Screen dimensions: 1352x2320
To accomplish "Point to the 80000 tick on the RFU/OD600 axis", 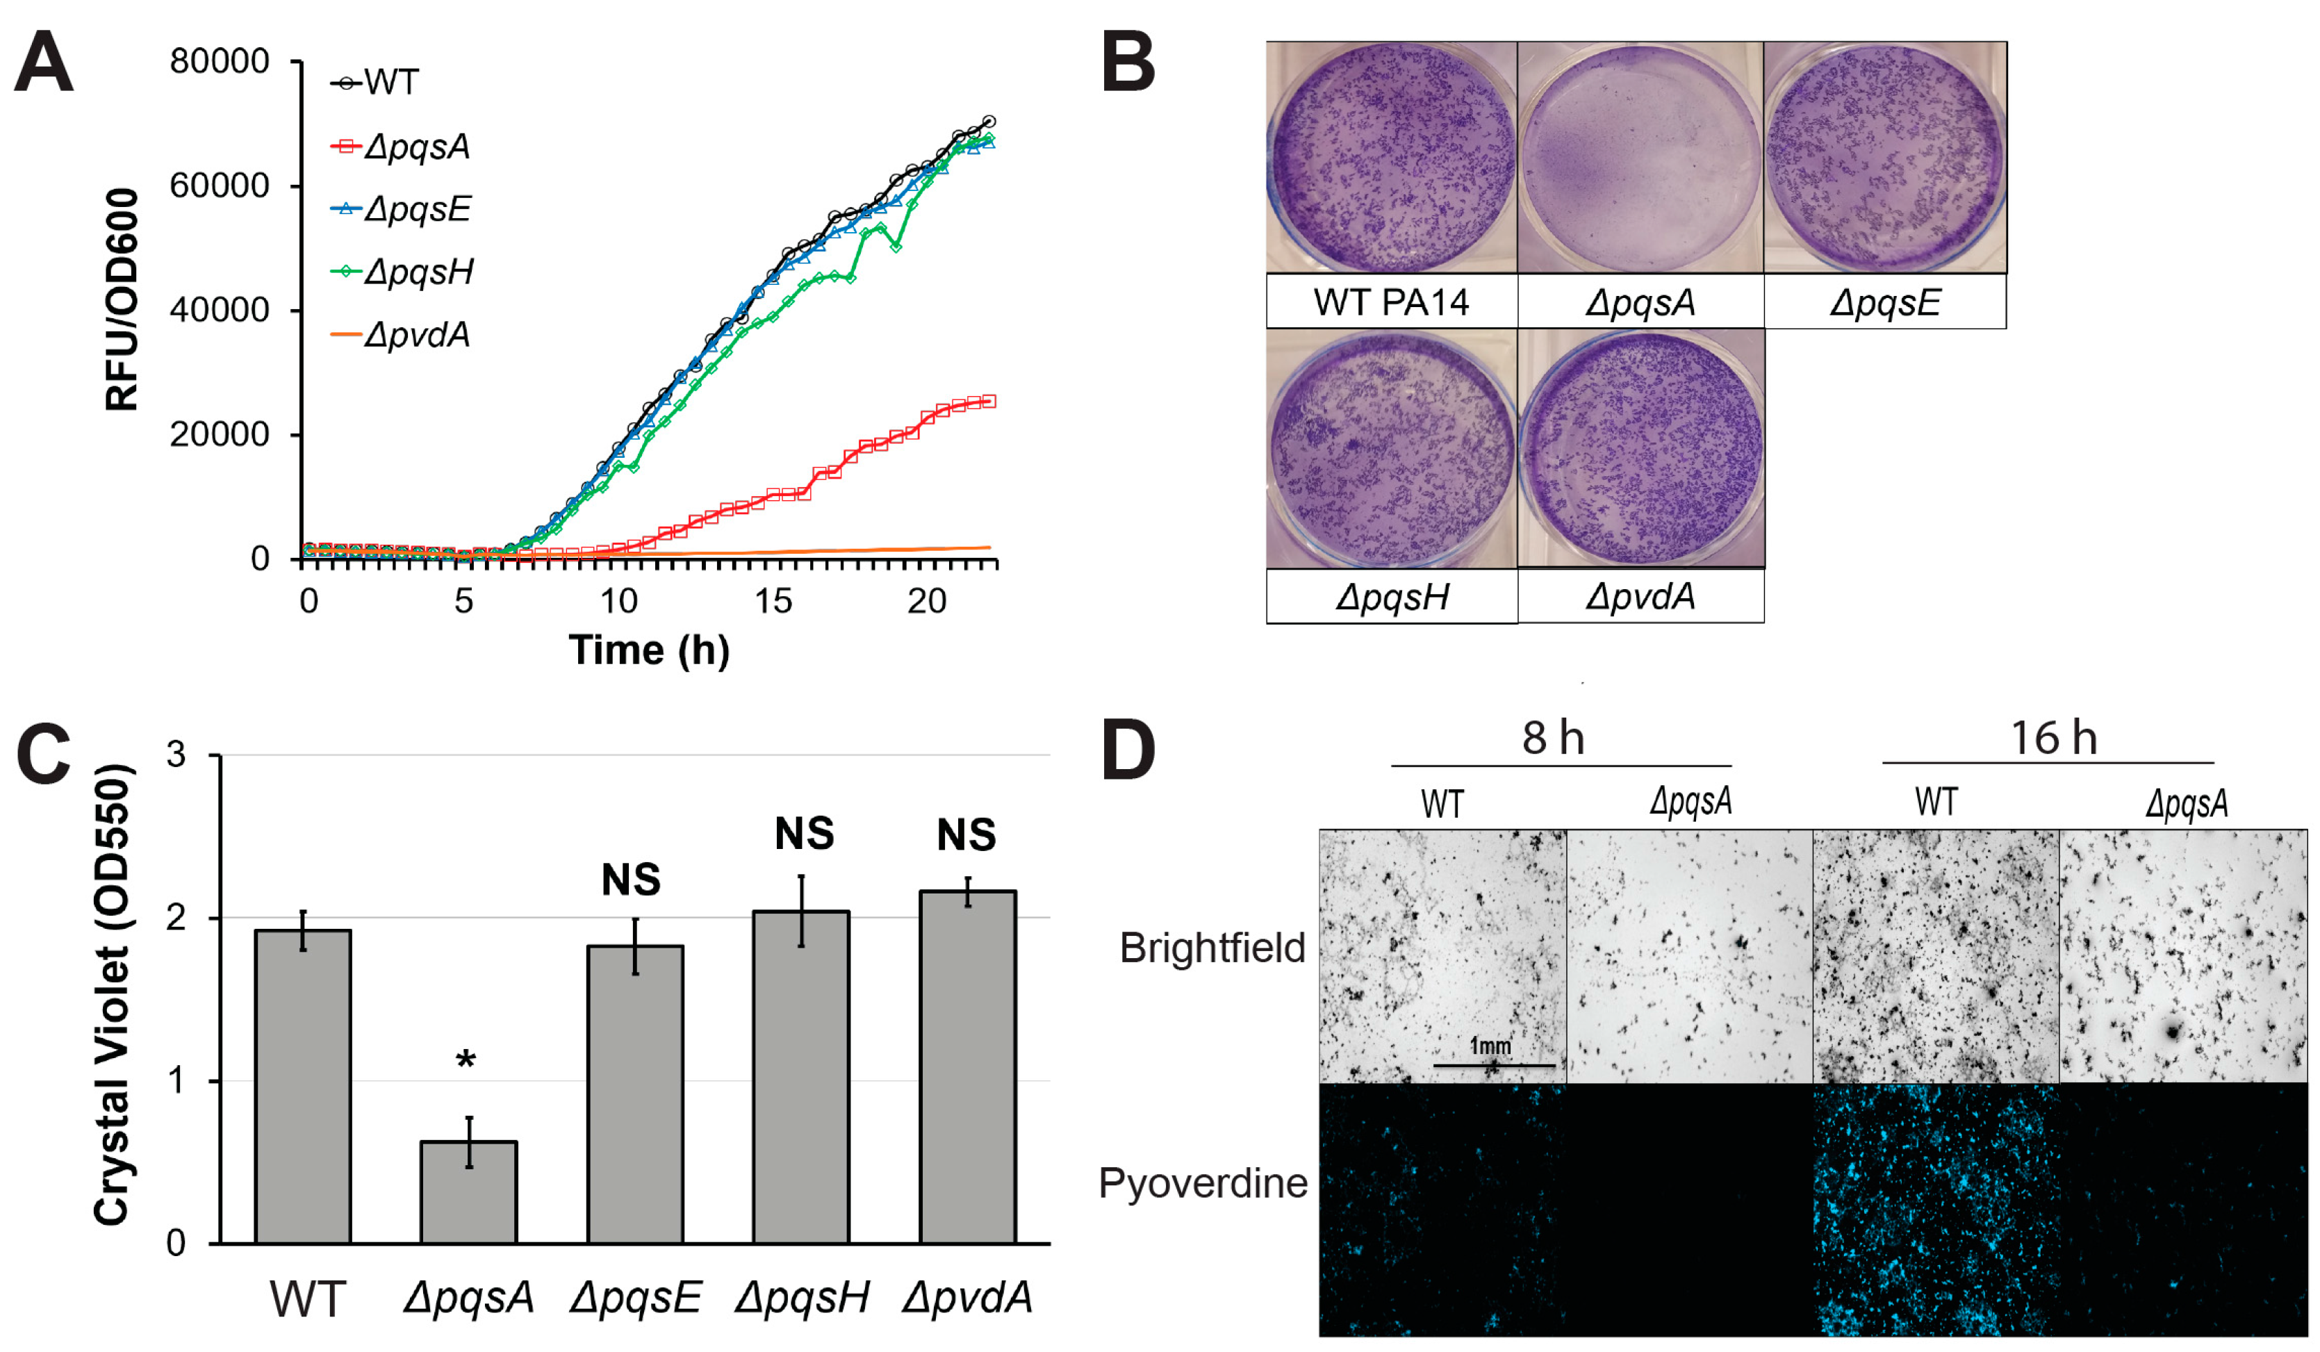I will point(219,62).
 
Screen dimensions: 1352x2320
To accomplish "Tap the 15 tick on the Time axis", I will point(773,602).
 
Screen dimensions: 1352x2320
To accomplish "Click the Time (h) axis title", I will point(649,651).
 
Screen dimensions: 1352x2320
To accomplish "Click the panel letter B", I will point(1128,63).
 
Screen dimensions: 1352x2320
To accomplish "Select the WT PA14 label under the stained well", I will point(1390,302).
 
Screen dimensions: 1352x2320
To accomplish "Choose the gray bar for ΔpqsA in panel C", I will point(468,1192).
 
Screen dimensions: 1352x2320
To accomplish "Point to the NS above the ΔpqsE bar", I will point(631,880).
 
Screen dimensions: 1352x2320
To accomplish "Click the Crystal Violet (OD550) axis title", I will point(113,994).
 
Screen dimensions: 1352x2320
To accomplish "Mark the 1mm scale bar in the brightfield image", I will point(1493,1065).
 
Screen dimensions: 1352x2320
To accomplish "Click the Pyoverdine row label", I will point(1202,1182).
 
